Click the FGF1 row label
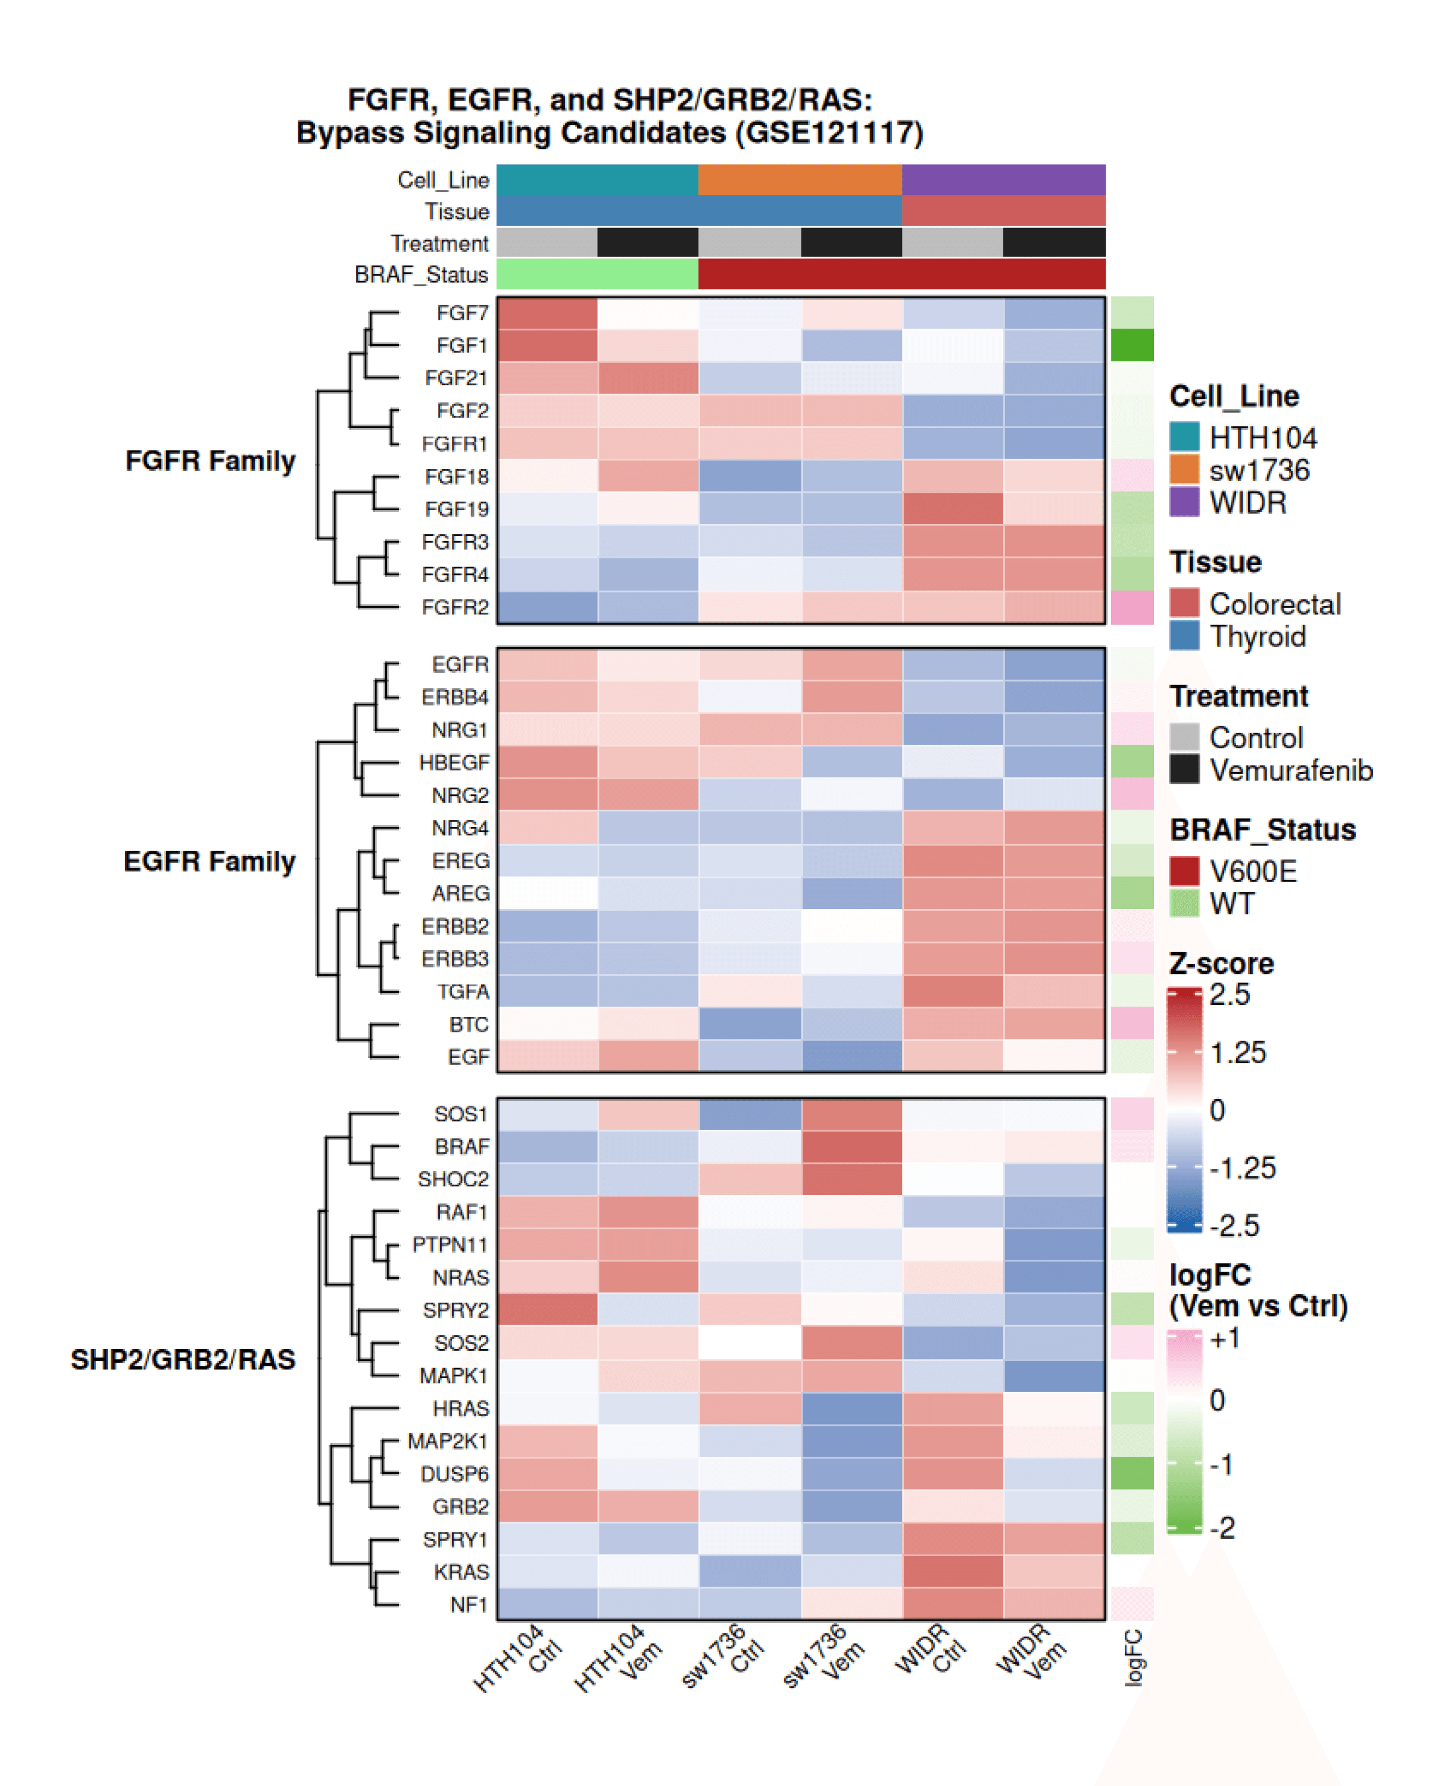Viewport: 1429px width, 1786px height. point(461,345)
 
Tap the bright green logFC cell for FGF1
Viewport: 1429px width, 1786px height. point(1132,345)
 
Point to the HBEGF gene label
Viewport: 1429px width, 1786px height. point(453,762)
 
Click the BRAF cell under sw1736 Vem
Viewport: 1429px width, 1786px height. point(851,1147)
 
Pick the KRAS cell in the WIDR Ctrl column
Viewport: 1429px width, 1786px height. point(953,1572)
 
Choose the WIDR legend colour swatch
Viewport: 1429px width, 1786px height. point(1184,502)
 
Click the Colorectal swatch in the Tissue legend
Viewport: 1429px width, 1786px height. point(1184,603)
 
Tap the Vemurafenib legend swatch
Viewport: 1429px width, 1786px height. point(1184,770)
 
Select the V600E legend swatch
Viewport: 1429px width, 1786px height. point(1184,870)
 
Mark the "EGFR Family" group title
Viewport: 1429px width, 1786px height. point(210,861)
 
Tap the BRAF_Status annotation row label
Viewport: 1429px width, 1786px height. point(421,275)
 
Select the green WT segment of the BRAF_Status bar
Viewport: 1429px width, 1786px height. point(597,274)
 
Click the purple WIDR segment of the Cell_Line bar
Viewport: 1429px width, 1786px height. point(1003,180)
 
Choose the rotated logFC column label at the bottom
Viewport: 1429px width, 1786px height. point(1133,1657)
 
